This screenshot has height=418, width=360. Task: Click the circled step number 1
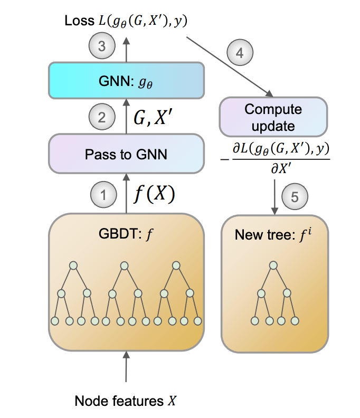(x=103, y=195)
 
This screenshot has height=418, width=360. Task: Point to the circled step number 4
(x=240, y=52)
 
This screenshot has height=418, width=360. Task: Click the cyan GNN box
(x=126, y=80)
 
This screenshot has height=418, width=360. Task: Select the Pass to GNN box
(x=126, y=154)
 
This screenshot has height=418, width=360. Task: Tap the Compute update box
(x=273, y=117)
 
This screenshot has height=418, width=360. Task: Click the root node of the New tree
(x=273, y=265)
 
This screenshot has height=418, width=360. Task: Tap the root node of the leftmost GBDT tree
(x=74, y=265)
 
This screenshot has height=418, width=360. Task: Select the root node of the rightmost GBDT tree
(x=178, y=265)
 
